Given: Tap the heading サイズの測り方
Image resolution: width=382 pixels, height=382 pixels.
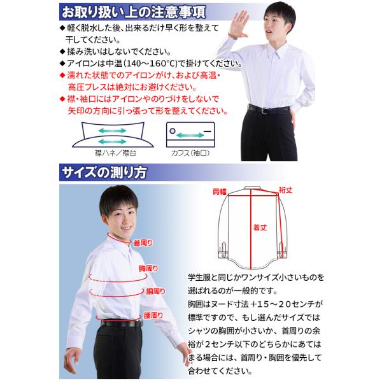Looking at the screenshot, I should coord(104,173).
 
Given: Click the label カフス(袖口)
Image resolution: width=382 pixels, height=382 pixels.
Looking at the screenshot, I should coord(188,153).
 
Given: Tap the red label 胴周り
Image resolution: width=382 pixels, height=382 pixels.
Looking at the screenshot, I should coord(155,291).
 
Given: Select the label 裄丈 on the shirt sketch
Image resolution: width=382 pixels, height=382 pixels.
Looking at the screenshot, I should coord(285,189).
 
